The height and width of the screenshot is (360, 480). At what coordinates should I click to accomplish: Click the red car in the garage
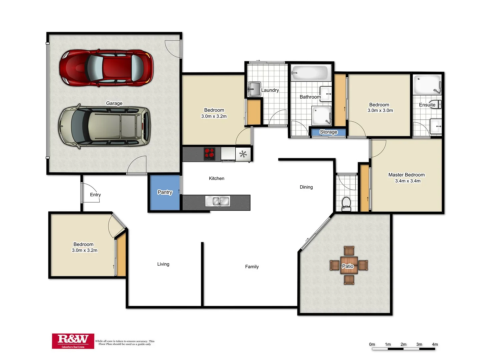[x=106, y=68]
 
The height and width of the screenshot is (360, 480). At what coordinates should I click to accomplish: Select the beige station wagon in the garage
[x=104, y=126]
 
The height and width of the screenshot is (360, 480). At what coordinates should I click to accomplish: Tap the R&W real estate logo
[x=73, y=341]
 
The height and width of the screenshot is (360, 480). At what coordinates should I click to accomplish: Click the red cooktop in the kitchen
[x=209, y=154]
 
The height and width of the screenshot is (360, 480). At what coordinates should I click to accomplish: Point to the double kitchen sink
[x=218, y=201]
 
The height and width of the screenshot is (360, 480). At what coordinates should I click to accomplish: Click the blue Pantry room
[x=165, y=192]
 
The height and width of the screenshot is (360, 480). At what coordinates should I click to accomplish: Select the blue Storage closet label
[x=328, y=132]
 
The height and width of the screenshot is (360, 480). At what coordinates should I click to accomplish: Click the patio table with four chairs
[x=349, y=265]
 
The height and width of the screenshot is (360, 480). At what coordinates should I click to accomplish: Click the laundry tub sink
[x=254, y=89]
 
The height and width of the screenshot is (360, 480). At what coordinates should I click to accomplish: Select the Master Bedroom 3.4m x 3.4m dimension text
[x=408, y=181]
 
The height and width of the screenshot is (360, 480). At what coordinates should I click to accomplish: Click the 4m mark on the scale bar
[x=435, y=344]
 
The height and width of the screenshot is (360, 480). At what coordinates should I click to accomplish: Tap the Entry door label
[x=95, y=195]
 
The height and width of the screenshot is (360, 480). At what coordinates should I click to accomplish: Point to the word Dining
[x=306, y=187]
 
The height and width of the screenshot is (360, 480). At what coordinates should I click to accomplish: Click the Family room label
[x=252, y=267]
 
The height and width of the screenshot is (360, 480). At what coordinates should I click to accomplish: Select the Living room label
[x=163, y=264]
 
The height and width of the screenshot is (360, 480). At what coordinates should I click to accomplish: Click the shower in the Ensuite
[x=427, y=85]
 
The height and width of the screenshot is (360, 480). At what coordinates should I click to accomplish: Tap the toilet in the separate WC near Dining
[x=346, y=204]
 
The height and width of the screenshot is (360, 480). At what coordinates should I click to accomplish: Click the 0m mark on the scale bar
[x=372, y=344]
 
